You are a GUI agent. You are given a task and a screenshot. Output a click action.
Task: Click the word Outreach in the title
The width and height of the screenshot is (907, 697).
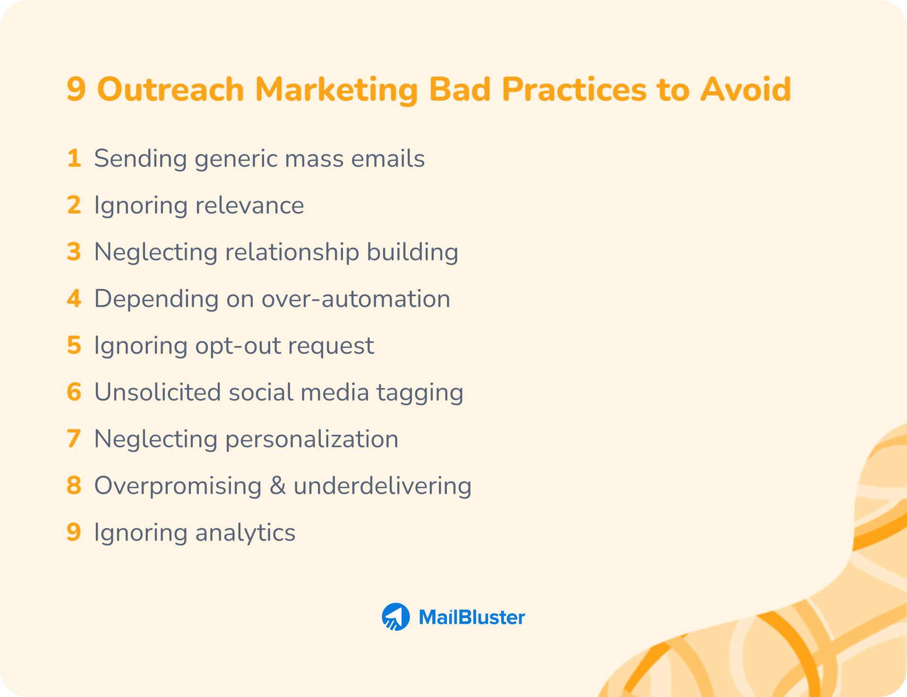coord(170,90)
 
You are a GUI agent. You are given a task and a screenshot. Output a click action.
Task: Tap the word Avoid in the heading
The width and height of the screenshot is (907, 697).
coord(745,90)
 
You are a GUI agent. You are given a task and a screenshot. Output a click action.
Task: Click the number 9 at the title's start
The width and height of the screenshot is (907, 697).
coord(76,90)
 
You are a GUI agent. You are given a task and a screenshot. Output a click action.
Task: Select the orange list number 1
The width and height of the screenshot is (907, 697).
coord(74,158)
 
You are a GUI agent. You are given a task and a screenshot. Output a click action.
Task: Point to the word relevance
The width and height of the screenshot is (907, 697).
coord(249,205)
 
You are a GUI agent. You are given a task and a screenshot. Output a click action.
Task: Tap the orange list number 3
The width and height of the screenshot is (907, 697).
coord(74,252)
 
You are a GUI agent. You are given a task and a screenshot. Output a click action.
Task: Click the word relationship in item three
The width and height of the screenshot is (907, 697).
coord(292,252)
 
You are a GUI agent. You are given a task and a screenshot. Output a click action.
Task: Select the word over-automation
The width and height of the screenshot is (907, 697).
coord(356,299)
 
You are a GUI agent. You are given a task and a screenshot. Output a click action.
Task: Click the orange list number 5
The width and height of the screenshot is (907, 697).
coord(74,345)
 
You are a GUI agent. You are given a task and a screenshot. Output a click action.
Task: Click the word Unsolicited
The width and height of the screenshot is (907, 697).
coord(158,392)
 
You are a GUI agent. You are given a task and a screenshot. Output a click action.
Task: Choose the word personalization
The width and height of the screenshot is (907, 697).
coord(312,439)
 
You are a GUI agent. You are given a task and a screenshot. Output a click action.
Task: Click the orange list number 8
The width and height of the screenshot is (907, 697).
coord(74,485)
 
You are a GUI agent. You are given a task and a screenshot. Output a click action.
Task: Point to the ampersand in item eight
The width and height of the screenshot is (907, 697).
coord(278,486)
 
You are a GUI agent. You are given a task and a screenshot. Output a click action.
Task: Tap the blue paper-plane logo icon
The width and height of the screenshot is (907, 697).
coord(395,617)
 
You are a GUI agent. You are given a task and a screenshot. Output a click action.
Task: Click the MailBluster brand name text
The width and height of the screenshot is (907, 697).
coord(471,617)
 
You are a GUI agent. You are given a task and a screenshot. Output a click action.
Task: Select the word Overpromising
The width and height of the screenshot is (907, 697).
coord(178,486)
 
